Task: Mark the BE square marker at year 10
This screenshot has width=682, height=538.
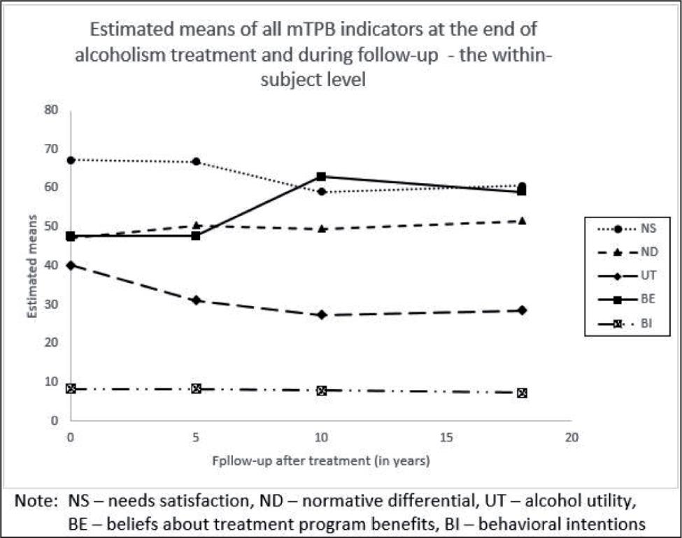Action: point(321,177)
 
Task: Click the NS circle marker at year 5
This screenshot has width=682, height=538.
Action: point(197,162)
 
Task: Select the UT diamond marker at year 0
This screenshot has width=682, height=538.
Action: point(71,266)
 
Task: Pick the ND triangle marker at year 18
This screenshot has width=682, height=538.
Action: point(521,221)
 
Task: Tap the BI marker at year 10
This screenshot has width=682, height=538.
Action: point(321,391)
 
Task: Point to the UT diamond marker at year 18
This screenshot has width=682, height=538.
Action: point(521,310)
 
